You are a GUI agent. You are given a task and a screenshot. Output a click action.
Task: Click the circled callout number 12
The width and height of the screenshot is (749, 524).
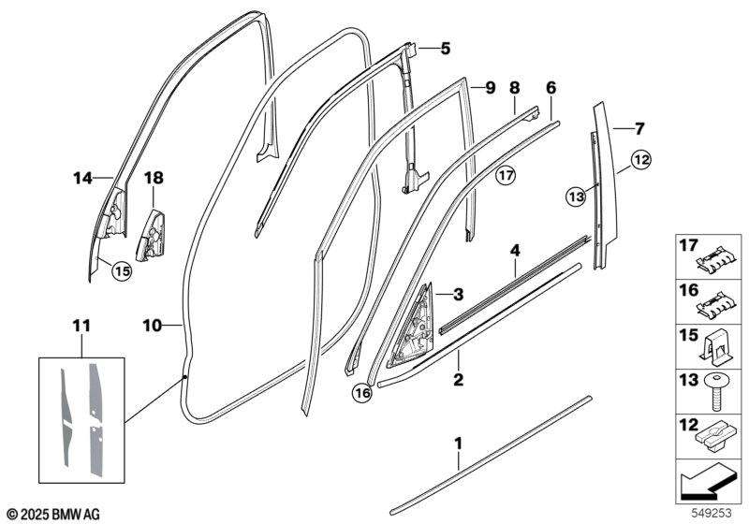tap(641, 160)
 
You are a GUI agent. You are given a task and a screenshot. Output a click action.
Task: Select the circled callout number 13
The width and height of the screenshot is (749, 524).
tap(577, 196)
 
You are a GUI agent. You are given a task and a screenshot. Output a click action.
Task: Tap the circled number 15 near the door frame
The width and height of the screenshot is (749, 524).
tap(122, 271)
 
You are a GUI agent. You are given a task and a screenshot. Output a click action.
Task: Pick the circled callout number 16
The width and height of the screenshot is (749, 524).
tap(362, 393)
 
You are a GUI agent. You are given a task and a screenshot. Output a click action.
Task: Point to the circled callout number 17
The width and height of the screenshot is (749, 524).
tap(506, 176)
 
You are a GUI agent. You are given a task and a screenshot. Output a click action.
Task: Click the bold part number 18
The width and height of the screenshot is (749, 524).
tap(154, 178)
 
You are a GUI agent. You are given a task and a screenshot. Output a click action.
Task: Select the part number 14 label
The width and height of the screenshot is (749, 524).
tap(82, 179)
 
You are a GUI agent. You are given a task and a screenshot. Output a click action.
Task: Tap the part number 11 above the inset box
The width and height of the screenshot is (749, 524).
tap(81, 327)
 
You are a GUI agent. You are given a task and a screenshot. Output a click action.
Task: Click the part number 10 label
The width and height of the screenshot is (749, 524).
tap(153, 326)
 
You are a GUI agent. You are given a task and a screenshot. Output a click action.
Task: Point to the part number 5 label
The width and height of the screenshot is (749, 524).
tap(446, 49)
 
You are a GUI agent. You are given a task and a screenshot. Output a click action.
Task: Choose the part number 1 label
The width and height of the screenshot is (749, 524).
tap(458, 444)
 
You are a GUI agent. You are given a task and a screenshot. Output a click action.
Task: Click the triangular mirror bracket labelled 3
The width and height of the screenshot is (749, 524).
tap(412, 327)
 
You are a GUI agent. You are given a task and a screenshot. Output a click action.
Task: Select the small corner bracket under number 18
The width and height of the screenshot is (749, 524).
tap(151, 236)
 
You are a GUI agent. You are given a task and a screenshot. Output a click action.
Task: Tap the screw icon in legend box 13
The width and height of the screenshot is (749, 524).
tap(714, 394)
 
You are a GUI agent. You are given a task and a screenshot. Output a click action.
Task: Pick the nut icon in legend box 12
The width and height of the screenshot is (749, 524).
tap(709, 439)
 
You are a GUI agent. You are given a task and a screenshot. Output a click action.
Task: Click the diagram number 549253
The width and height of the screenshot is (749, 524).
tap(712, 513)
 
